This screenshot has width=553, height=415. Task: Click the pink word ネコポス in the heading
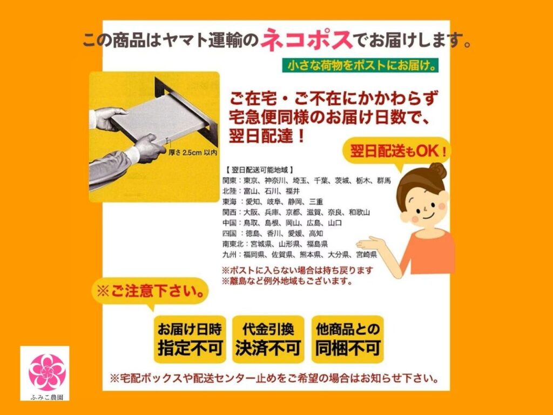click(307, 39)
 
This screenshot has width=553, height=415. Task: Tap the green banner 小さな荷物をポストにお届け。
click(360, 65)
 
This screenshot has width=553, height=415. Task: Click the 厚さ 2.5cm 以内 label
click(193, 152)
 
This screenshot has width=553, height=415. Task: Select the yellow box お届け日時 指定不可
click(190, 339)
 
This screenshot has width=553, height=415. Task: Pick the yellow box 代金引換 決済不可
click(268, 339)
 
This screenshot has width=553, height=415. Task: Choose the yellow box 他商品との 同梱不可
click(347, 339)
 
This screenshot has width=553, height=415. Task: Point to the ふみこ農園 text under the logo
click(47, 397)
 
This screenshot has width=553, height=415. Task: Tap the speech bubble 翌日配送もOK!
click(397, 152)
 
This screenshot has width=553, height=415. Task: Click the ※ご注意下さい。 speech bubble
click(150, 291)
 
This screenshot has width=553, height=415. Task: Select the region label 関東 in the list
click(229, 180)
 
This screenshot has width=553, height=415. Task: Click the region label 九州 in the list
click(229, 255)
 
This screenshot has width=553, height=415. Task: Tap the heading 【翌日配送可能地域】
click(260, 170)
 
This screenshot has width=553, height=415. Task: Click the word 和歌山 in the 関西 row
click(359, 212)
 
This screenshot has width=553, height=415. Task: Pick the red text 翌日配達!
click(267, 136)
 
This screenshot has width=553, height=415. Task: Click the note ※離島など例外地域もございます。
click(287, 281)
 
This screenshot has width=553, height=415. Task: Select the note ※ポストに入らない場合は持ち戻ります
click(298, 271)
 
